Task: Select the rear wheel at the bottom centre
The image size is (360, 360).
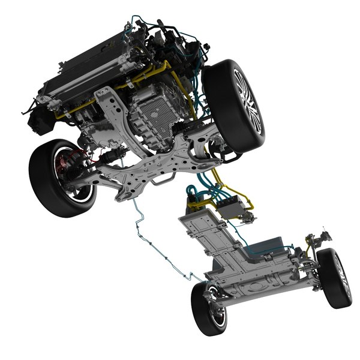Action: (210, 307)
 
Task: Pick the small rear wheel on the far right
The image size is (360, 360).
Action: (334, 278)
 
